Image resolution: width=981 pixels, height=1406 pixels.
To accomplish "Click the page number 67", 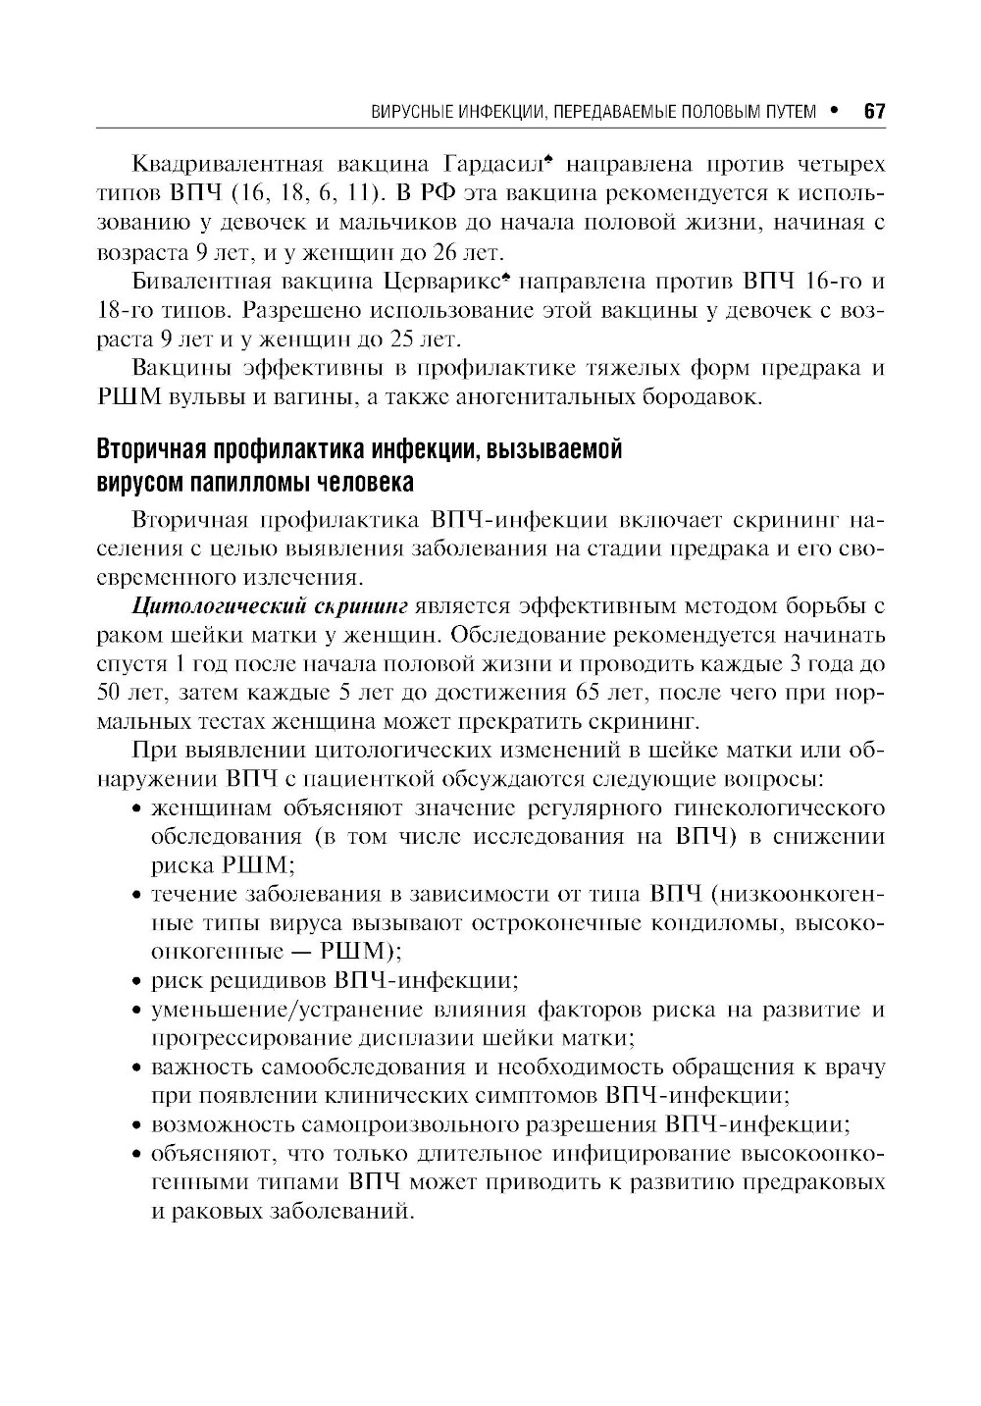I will [x=874, y=111].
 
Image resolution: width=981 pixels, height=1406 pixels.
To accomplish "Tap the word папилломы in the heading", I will [x=246, y=483].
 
